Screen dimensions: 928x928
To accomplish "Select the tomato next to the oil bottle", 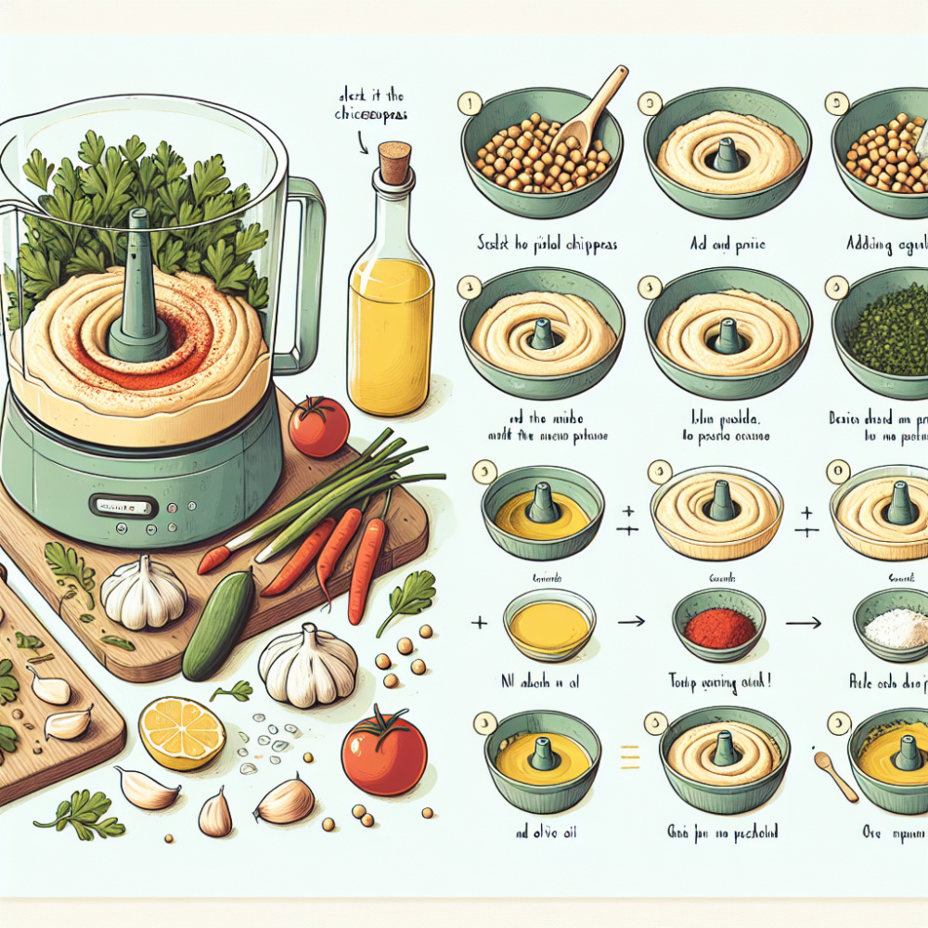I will coord(318,426).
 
